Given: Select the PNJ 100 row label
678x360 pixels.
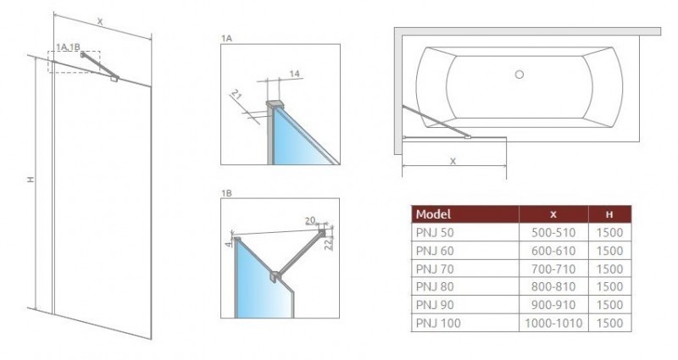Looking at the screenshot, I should pyautogui.click(x=436, y=323).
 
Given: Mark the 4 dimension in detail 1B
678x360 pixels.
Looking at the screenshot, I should pyautogui.click(x=227, y=247).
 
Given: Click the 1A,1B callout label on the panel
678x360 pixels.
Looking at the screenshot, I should pyautogui.click(x=67, y=47).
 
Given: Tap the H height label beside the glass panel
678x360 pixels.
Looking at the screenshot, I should pyautogui.click(x=30, y=180).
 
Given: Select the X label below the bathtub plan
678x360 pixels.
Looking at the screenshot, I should pyautogui.click(x=453, y=160).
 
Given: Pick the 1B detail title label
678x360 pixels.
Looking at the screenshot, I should pyautogui.click(x=225, y=193).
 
